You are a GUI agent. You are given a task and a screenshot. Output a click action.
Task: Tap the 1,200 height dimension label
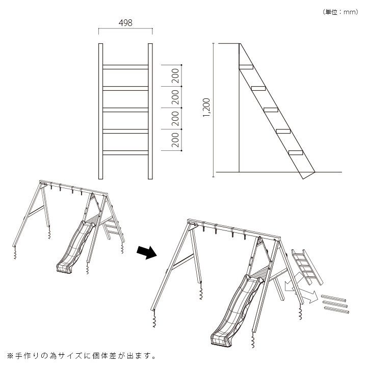pyautogui.click(x=206, y=108)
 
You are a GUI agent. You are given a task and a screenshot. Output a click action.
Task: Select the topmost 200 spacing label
pyautogui.click(x=175, y=76)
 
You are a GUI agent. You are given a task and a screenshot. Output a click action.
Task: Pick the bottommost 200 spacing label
pyautogui.click(x=175, y=140)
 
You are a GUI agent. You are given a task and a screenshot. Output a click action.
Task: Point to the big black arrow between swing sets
pyautogui.click(x=147, y=252)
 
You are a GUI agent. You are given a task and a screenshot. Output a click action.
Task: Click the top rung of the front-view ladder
pyautogui.click(x=125, y=66)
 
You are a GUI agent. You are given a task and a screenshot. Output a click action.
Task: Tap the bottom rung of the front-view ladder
pyautogui.click(x=125, y=152)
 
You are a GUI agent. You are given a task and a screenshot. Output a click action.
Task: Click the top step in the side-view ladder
pyautogui.click(x=246, y=66)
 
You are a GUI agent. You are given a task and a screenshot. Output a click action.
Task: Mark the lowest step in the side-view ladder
pyautogui.click(x=296, y=152)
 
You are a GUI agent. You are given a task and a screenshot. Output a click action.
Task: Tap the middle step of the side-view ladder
pyautogui.click(x=271, y=109)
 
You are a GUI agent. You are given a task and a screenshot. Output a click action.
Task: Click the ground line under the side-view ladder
pyautogui.click(x=278, y=172)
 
